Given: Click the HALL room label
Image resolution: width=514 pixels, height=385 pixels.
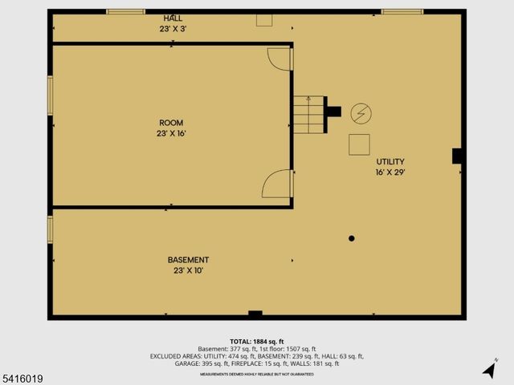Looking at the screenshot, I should [x=172, y=18].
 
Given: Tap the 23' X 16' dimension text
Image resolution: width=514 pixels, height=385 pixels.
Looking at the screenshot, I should [x=172, y=134].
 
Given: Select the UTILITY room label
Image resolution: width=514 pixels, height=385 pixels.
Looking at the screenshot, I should [x=390, y=161].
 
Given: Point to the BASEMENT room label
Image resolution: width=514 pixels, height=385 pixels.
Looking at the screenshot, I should [x=188, y=260].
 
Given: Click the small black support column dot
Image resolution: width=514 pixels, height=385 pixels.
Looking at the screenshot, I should [x=351, y=237].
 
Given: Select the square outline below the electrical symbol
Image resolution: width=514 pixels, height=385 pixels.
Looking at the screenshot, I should [x=359, y=144].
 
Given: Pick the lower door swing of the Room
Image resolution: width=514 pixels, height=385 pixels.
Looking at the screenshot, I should [x=277, y=184].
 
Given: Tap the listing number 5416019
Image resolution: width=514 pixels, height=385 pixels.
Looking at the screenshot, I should [x=22, y=378].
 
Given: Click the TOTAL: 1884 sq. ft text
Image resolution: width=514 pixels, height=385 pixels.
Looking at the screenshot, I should [x=257, y=341].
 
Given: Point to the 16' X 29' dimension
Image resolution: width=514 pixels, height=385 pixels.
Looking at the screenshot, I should [x=390, y=172].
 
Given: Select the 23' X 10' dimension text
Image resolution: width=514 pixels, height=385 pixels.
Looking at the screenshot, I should [x=188, y=271].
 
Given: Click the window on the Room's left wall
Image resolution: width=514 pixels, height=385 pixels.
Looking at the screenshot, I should [x=51, y=94].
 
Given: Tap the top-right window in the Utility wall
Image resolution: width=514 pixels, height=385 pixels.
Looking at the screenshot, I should [x=402, y=12].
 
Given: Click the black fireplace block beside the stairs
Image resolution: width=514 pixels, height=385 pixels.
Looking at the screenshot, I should [x=333, y=111].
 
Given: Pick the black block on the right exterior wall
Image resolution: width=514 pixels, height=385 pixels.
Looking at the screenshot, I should [x=457, y=156].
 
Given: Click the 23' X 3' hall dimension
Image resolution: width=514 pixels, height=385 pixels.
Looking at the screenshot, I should [x=172, y=29].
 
